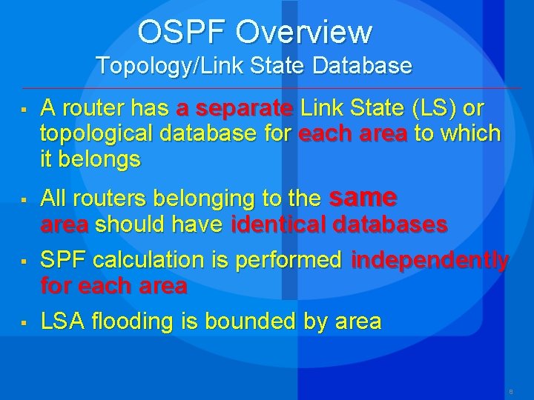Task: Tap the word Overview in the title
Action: (x=304, y=32)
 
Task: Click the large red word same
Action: (x=363, y=197)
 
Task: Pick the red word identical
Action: (x=280, y=224)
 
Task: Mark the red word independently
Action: (x=430, y=261)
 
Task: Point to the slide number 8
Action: (x=511, y=390)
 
